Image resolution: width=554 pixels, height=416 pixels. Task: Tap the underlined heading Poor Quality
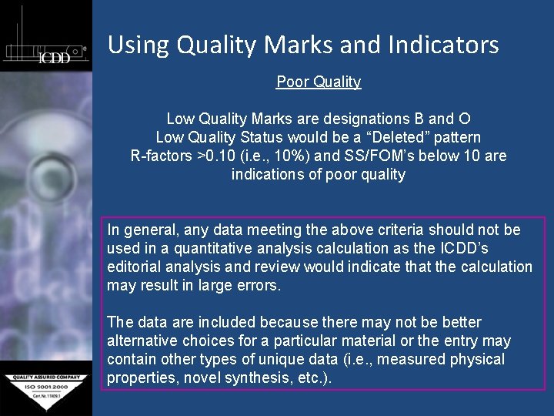tap(319, 82)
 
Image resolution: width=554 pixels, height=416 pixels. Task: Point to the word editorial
tap(135, 267)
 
